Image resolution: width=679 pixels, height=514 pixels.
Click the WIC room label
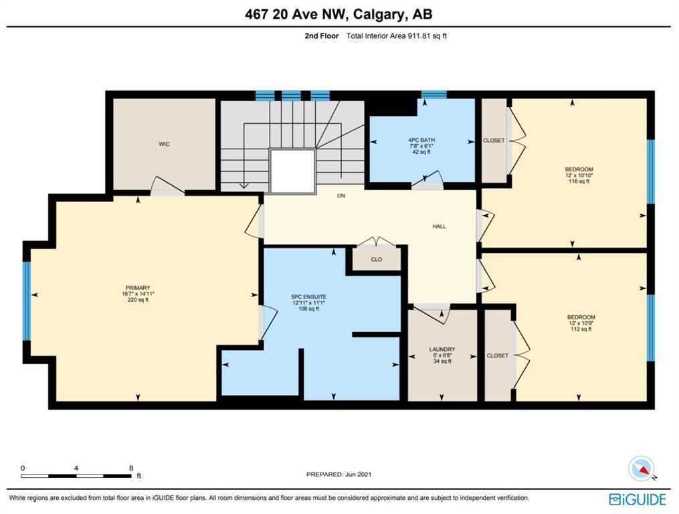(164, 144)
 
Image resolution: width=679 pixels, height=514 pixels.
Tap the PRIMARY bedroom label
(138, 288)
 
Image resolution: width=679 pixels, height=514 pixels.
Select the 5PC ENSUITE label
(309, 297)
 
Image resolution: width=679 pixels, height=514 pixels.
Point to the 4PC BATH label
(421, 140)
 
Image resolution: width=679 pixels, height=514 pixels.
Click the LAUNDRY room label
(442, 349)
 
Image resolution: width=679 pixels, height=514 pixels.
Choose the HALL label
(439, 226)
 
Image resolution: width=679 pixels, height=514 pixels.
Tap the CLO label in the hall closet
(377, 259)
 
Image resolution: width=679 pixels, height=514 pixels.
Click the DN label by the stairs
(341, 195)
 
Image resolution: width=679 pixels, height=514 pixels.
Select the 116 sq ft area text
(579, 181)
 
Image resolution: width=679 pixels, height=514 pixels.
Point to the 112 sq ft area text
(581, 329)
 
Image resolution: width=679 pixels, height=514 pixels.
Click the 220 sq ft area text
(138, 300)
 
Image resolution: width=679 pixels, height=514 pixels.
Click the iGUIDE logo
(637, 499)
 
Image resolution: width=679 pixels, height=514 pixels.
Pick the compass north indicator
(642, 469)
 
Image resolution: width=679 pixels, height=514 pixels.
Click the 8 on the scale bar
(131, 468)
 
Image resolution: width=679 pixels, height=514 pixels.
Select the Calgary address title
(338, 14)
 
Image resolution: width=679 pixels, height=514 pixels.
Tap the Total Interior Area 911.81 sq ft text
(396, 36)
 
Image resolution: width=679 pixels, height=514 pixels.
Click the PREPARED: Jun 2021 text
(338, 474)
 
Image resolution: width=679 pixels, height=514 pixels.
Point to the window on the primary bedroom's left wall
(27, 301)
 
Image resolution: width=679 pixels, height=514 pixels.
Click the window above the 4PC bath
(434, 95)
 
